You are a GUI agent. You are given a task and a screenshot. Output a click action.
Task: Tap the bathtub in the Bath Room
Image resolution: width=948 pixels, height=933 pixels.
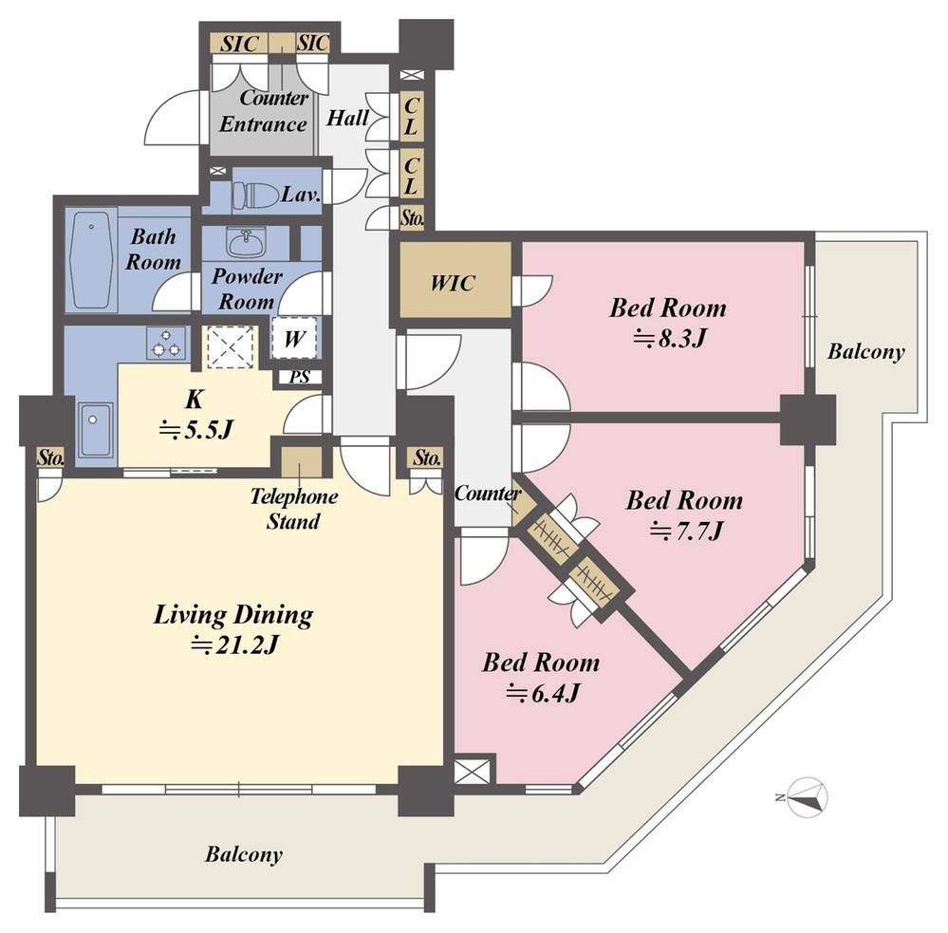pyautogui.click(x=91, y=260)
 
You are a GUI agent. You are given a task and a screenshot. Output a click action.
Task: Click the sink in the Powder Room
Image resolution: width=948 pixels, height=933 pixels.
pyautogui.click(x=245, y=243)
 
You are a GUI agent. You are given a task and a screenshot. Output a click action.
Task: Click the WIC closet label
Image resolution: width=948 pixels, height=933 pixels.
pyautogui.click(x=453, y=283)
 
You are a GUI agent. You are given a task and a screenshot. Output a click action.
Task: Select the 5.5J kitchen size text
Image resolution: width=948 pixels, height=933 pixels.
pyautogui.click(x=195, y=429)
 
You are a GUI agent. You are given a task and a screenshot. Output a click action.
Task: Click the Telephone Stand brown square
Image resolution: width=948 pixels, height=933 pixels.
pyautogui.click(x=301, y=461)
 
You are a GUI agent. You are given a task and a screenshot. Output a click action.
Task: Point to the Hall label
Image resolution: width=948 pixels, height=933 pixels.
pyautogui.click(x=348, y=119)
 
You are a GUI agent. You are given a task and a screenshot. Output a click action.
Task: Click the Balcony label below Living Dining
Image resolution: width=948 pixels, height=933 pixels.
pyautogui.click(x=244, y=854)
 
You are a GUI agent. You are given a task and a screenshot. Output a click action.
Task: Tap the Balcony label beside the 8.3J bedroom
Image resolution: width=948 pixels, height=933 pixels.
pyautogui.click(x=865, y=352)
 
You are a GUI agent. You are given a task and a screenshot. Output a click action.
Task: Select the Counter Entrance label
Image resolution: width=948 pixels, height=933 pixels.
pyautogui.click(x=263, y=111)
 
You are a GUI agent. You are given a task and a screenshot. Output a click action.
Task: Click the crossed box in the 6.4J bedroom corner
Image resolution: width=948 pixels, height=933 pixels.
pyautogui.click(x=474, y=769)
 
